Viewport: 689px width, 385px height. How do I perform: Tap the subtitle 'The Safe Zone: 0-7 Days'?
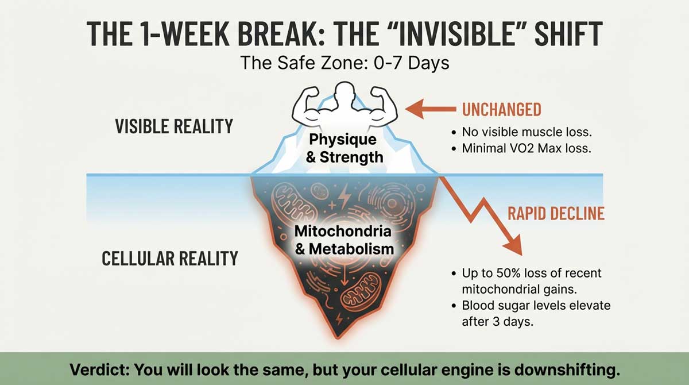(x=344, y=62)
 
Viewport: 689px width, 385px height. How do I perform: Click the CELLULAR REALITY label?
(x=169, y=259)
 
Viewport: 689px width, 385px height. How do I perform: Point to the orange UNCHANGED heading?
(x=501, y=109)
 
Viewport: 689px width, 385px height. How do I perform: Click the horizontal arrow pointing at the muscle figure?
(x=431, y=107)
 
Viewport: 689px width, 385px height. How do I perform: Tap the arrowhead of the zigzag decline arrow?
(x=513, y=247)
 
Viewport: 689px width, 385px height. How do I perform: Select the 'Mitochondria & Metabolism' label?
(x=343, y=240)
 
